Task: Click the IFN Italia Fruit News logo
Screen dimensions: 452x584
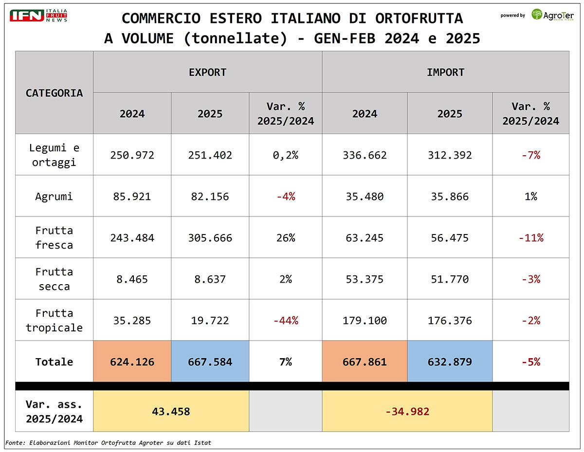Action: (38, 15)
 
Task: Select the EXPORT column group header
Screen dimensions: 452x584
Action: (207, 72)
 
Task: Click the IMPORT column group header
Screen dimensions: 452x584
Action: (445, 72)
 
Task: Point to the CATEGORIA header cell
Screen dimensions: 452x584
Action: (54, 92)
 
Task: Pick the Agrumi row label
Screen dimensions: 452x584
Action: (54, 197)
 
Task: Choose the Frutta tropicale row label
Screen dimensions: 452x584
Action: (54, 320)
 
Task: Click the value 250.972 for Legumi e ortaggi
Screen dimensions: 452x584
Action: (132, 155)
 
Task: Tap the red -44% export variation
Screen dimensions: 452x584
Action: (285, 321)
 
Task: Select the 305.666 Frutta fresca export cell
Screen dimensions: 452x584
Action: (210, 238)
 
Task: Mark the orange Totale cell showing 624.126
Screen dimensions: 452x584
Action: (132, 362)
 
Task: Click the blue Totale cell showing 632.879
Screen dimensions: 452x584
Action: (450, 362)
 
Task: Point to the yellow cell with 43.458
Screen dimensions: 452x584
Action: (171, 412)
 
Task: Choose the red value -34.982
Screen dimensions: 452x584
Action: (407, 412)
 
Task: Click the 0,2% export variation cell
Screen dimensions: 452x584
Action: (285, 155)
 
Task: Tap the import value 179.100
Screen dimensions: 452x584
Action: (365, 321)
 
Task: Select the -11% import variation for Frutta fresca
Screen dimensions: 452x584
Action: (530, 238)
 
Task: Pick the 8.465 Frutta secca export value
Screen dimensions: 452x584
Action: (132, 279)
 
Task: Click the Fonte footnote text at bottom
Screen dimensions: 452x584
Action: (108, 442)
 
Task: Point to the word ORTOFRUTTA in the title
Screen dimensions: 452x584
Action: (419, 18)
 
